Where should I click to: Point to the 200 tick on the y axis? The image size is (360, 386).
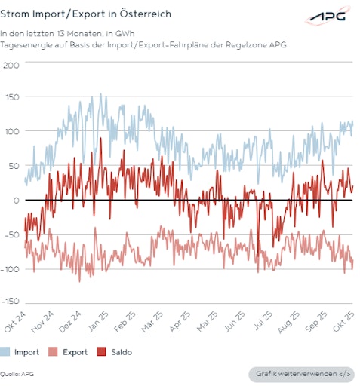pos(11,64)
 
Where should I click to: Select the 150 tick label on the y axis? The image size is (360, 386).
pos(11,98)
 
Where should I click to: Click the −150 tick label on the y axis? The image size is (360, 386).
pos(11,301)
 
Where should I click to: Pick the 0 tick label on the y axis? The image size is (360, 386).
pos(15,200)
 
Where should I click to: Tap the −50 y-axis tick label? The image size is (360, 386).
pos(11,234)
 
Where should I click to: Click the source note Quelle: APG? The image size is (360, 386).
pos(17,373)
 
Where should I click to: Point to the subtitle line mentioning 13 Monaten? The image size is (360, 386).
pos(72,33)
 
